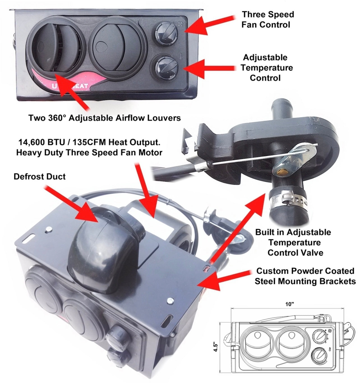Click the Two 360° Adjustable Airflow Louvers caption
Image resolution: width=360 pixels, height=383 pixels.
(105, 118)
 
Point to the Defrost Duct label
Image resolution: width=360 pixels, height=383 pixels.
(40, 176)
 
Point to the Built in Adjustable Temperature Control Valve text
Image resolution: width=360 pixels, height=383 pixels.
(293, 242)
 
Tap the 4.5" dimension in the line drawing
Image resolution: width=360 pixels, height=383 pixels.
(216, 348)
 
